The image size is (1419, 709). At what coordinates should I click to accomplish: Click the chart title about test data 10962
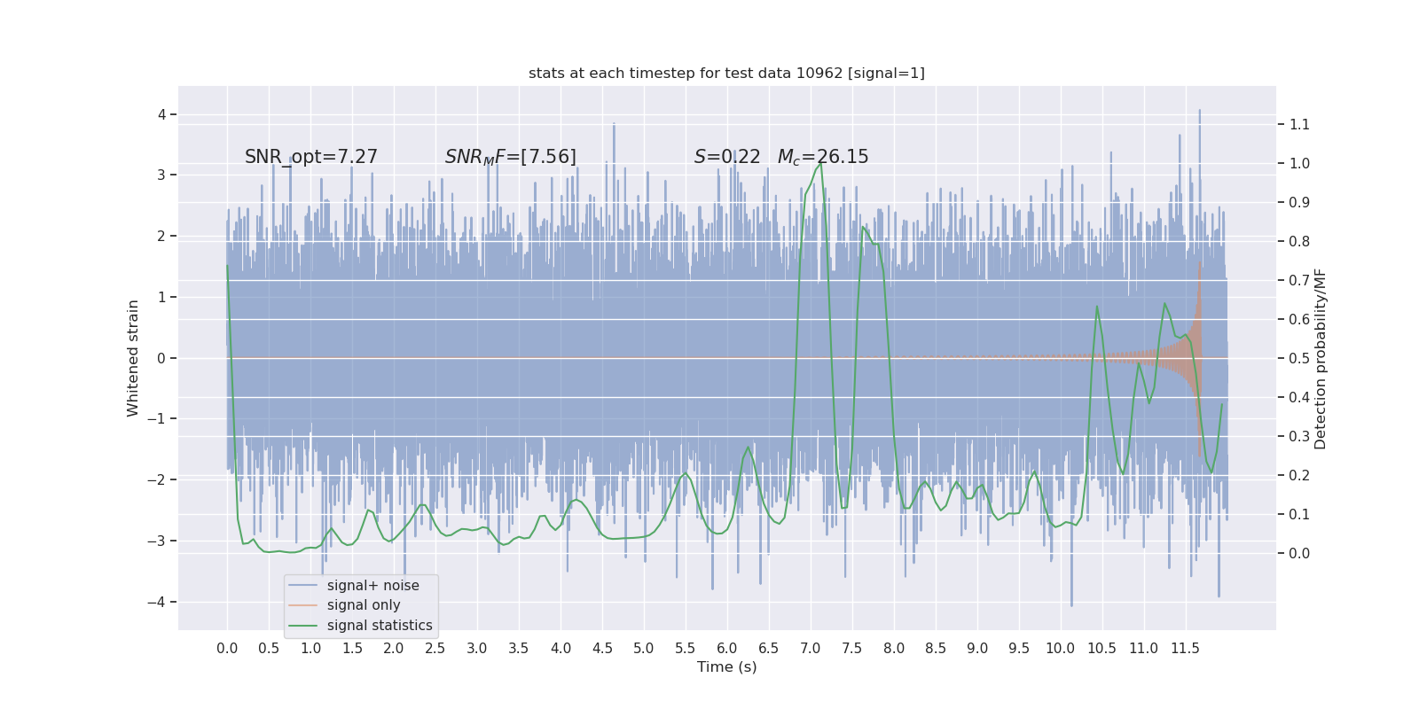point(726,73)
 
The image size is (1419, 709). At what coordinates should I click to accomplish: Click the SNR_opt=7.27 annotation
point(311,157)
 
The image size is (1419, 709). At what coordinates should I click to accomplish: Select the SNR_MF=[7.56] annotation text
point(511,157)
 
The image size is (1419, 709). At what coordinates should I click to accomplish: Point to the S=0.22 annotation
point(727,157)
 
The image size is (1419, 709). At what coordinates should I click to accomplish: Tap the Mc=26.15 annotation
point(823,157)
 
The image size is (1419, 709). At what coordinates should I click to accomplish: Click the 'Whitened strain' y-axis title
point(133,358)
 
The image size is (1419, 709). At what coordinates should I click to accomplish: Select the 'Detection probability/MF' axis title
point(1321,358)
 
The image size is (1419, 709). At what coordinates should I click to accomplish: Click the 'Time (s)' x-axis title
point(726,666)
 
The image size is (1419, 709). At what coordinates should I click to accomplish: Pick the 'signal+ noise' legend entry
point(372,585)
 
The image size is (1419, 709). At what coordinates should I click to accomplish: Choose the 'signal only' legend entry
point(364,605)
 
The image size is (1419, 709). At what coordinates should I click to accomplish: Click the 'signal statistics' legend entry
point(380,626)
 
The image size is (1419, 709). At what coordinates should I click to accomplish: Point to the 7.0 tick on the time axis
point(811,648)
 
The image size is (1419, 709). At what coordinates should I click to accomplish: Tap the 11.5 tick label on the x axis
point(1185,648)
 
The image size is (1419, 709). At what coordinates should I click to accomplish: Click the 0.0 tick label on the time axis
point(227,648)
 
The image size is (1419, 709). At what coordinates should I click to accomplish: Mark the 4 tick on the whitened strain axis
point(162,114)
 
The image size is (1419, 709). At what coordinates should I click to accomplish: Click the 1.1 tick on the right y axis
point(1299,124)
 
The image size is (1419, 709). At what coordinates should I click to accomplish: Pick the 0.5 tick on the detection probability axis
point(1299,358)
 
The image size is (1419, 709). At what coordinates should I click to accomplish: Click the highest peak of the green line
point(821,162)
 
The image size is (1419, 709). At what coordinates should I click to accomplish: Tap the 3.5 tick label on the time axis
point(519,648)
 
